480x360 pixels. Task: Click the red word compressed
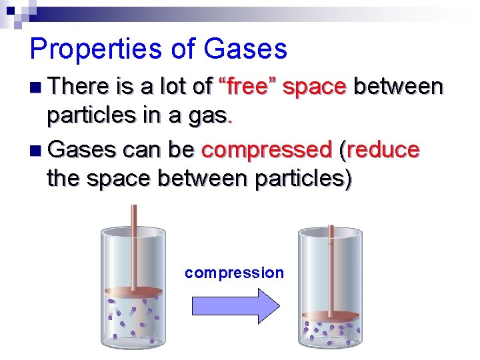click(267, 150)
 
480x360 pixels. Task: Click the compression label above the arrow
click(234, 273)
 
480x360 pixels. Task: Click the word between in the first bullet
click(398, 87)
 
